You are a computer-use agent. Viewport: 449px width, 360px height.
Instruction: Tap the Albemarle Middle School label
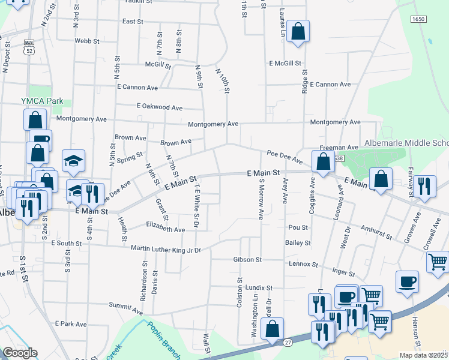point(406,143)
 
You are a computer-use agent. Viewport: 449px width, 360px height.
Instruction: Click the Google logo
point(20,353)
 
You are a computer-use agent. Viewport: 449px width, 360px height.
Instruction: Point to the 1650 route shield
point(418,20)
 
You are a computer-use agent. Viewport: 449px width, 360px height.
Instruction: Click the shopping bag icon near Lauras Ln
point(298,32)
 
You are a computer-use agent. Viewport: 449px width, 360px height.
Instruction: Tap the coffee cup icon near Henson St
point(407,282)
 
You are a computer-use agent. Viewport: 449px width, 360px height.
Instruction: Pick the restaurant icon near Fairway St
point(424,186)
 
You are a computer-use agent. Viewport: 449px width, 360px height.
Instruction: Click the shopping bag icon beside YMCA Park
point(35,119)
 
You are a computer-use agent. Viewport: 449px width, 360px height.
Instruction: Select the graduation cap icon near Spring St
point(73,160)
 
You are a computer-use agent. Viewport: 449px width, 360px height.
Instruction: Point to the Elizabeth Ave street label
point(166,229)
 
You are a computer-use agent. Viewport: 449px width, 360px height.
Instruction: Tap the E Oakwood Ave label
point(159,107)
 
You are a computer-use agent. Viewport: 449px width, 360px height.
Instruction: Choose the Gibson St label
point(248,260)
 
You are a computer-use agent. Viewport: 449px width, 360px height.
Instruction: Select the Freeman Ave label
point(339,148)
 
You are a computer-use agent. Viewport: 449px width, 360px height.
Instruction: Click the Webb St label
point(86,41)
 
